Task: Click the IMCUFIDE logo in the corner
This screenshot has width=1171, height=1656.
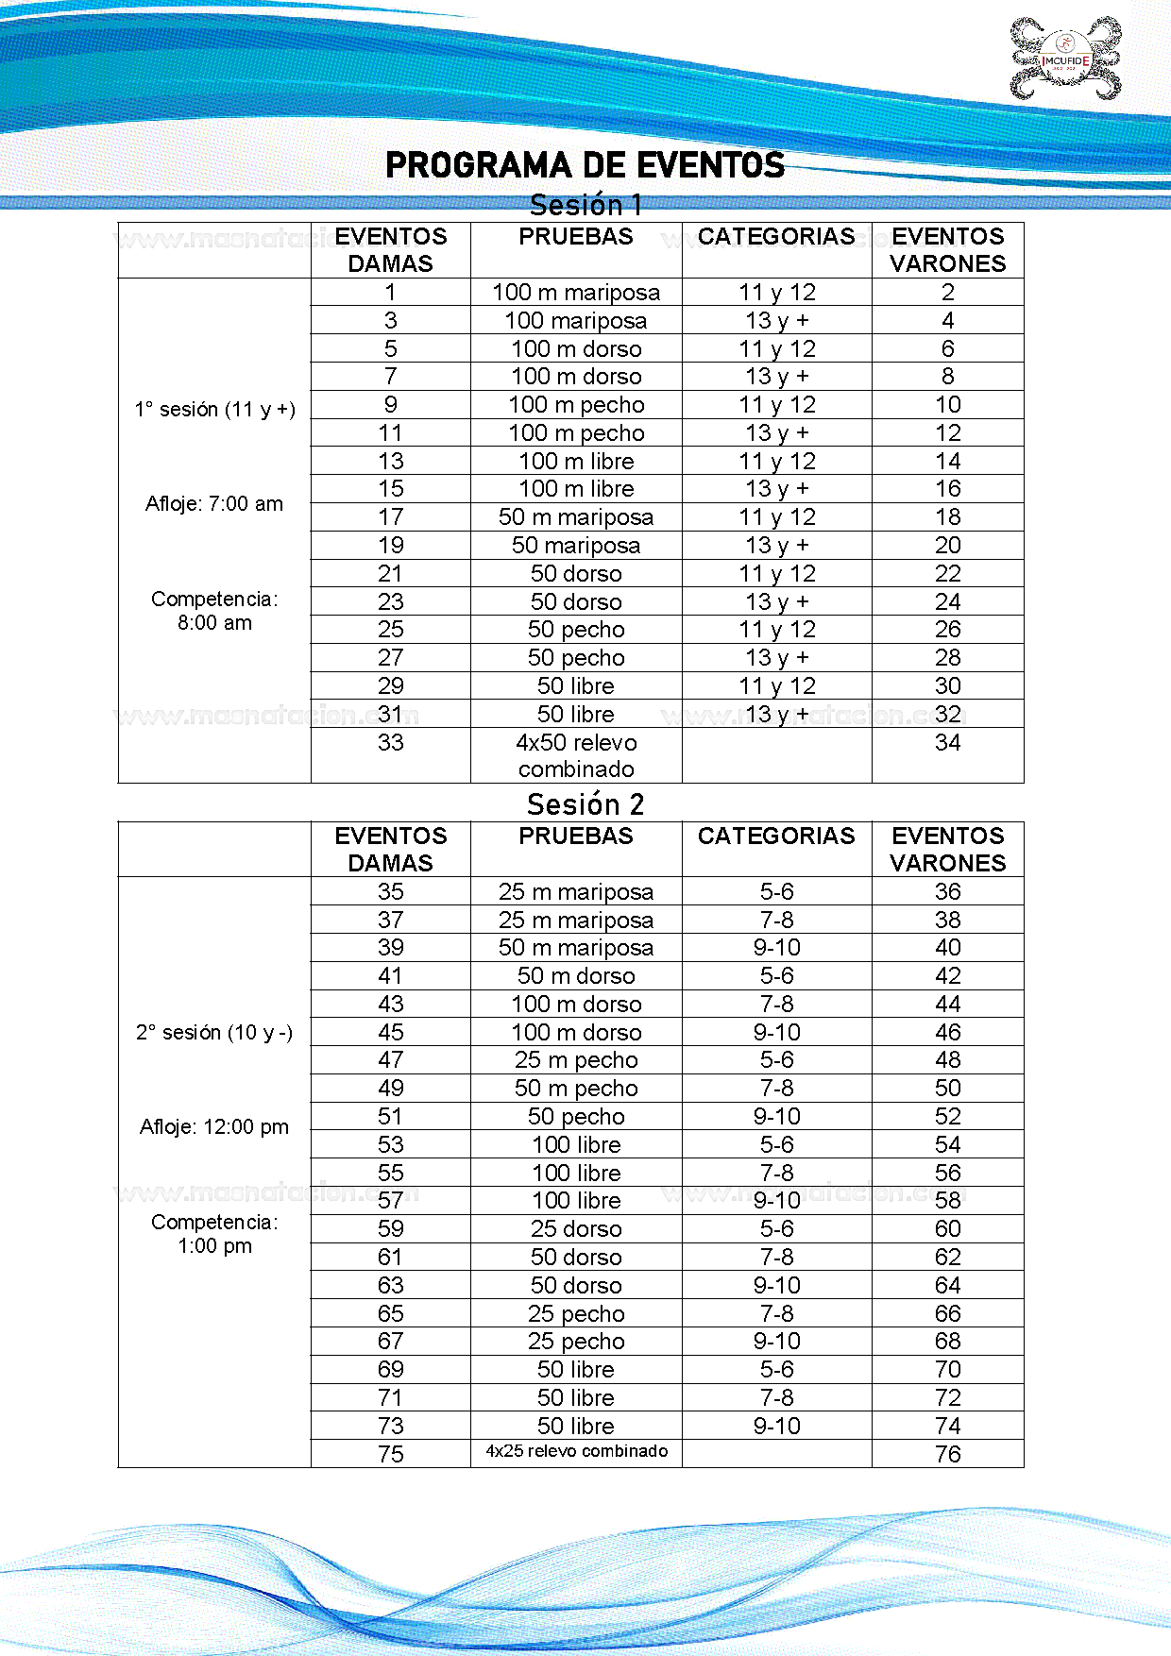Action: click(x=1066, y=59)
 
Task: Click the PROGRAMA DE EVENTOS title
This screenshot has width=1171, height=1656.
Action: click(x=585, y=165)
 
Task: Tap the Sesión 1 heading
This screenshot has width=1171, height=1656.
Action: click(x=585, y=205)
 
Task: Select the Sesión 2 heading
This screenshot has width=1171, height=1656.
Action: click(x=585, y=804)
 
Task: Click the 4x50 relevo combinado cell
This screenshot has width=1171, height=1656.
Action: click(x=576, y=755)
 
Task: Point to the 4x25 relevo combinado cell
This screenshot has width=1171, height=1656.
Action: click(x=576, y=1451)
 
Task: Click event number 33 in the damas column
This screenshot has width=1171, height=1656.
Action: click(x=390, y=743)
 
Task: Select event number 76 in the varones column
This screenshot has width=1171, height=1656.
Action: click(x=947, y=1454)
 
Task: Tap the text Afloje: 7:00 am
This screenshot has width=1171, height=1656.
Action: click(x=214, y=504)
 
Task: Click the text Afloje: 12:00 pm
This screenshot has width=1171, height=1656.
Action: click(x=214, y=1126)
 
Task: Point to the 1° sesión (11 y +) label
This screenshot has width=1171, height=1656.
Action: click(x=214, y=410)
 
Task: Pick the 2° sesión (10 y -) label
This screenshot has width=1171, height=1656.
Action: click(x=214, y=1033)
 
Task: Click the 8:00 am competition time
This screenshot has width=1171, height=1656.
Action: click(x=214, y=623)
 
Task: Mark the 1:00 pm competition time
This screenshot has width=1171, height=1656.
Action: click(x=214, y=1246)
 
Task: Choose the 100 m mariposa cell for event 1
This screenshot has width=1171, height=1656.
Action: click(x=576, y=293)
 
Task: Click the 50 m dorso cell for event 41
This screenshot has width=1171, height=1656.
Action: click(x=576, y=976)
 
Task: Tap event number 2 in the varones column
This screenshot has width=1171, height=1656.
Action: click(x=947, y=293)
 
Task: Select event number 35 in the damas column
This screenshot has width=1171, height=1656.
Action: click(x=390, y=892)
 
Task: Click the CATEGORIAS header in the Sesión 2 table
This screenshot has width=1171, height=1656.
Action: click(x=776, y=836)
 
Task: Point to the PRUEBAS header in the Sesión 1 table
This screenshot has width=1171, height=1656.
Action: click(x=576, y=237)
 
